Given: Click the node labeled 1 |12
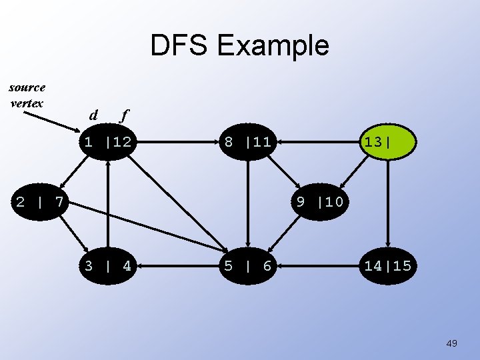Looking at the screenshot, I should pos(107,142).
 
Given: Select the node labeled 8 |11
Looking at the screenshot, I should pos(247,142).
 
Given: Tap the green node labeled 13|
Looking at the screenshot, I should pos(387,142).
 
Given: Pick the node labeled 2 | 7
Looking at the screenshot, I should pos(39,201).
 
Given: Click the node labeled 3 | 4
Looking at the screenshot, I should pos(107,267).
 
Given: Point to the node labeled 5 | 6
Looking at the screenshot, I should pos(247,267).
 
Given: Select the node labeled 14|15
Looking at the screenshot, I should pos(387,267).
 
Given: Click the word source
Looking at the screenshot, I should pos(27,87).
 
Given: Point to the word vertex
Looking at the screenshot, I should pos(27,103).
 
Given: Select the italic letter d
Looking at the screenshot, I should pos(93,115).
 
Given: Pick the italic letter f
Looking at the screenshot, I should pos(123,115).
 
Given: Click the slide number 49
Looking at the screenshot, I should pos(451,343).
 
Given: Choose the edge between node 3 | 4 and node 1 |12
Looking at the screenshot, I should pos(107,203).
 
